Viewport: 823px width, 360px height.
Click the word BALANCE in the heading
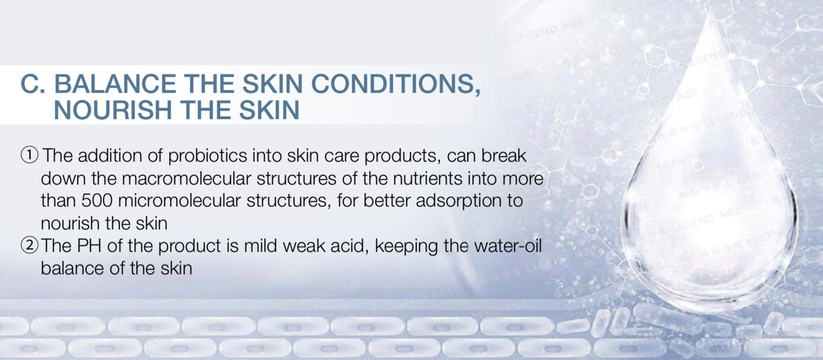point(115,84)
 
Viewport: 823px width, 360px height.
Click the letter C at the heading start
point(32,84)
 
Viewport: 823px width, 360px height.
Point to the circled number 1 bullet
point(29,155)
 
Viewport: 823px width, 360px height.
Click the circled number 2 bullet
point(29,245)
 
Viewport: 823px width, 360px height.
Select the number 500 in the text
point(96,201)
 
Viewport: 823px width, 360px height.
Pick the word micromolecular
point(179,201)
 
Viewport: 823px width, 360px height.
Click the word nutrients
point(428,179)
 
